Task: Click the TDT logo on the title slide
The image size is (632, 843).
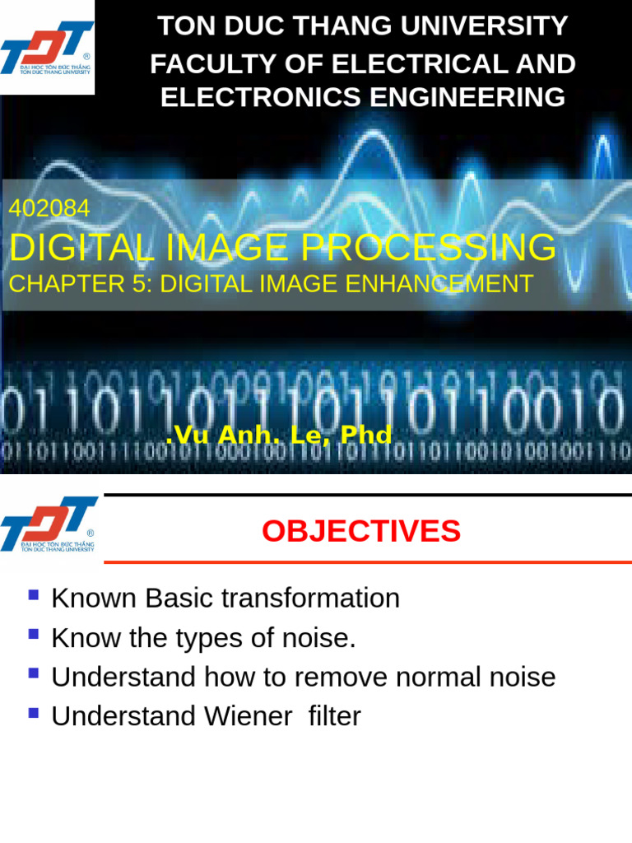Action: click(x=47, y=47)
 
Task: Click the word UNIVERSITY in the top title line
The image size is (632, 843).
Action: click(x=492, y=26)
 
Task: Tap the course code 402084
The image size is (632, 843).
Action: click(x=49, y=209)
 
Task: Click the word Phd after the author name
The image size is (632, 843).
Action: click(x=365, y=435)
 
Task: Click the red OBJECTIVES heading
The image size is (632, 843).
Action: click(x=360, y=531)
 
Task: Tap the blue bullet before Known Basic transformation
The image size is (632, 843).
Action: click(x=34, y=594)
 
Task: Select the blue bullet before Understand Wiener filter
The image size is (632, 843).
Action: click(x=34, y=713)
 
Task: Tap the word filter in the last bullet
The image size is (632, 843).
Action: click(x=334, y=716)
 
